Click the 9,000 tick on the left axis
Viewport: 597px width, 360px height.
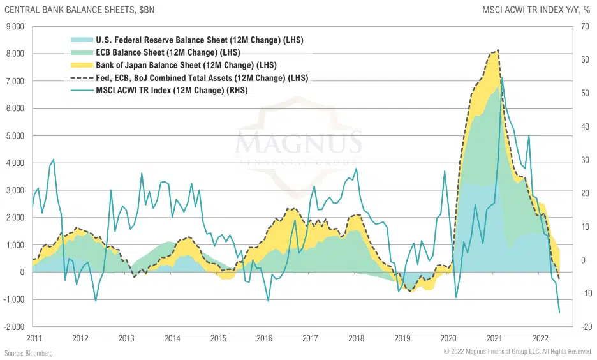[x=15, y=26]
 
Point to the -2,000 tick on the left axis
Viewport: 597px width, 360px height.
[x=13, y=327]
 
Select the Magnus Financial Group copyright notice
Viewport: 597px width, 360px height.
[x=517, y=352]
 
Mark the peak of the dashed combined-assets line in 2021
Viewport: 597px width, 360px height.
[x=497, y=50]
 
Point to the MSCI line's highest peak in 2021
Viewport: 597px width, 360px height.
[x=502, y=79]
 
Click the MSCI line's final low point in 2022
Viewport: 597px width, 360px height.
[x=559, y=313]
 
